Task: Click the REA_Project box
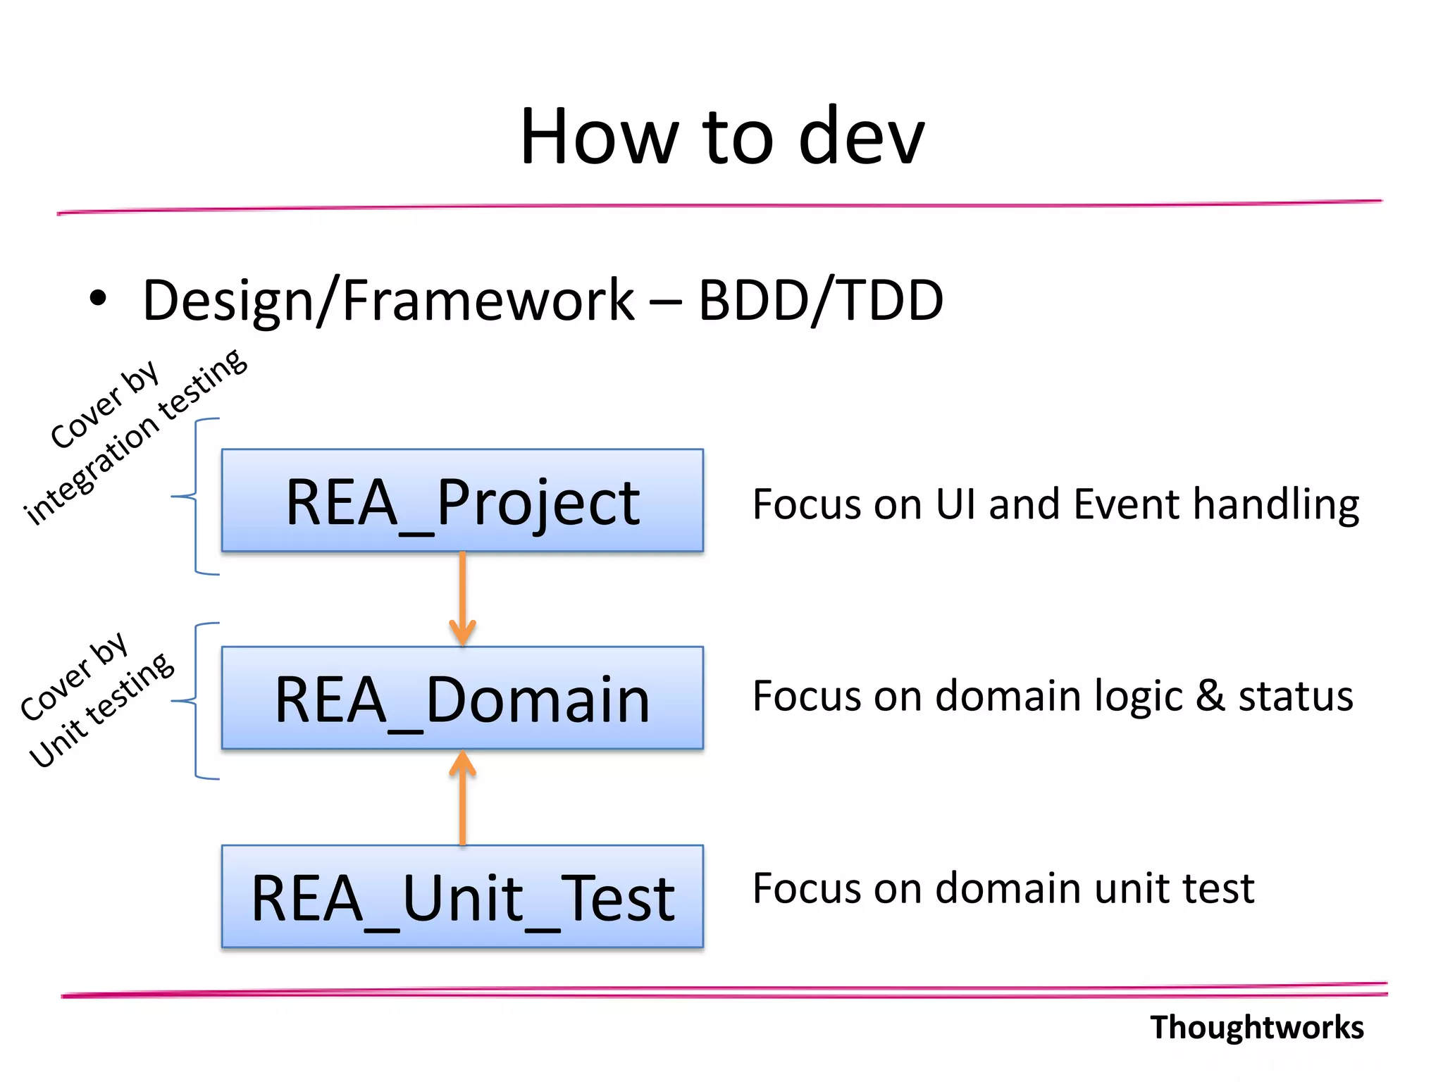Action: [x=462, y=500]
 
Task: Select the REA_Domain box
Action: [x=462, y=697]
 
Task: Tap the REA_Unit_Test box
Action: [x=462, y=896]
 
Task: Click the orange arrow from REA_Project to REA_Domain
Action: [x=462, y=599]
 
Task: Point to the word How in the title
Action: [x=600, y=137]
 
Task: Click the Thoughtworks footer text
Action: [x=1256, y=1027]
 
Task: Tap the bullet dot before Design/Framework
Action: [x=98, y=299]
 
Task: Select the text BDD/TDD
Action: [x=820, y=300]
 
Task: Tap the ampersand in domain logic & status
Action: [x=1210, y=696]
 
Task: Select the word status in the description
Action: [x=1296, y=696]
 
